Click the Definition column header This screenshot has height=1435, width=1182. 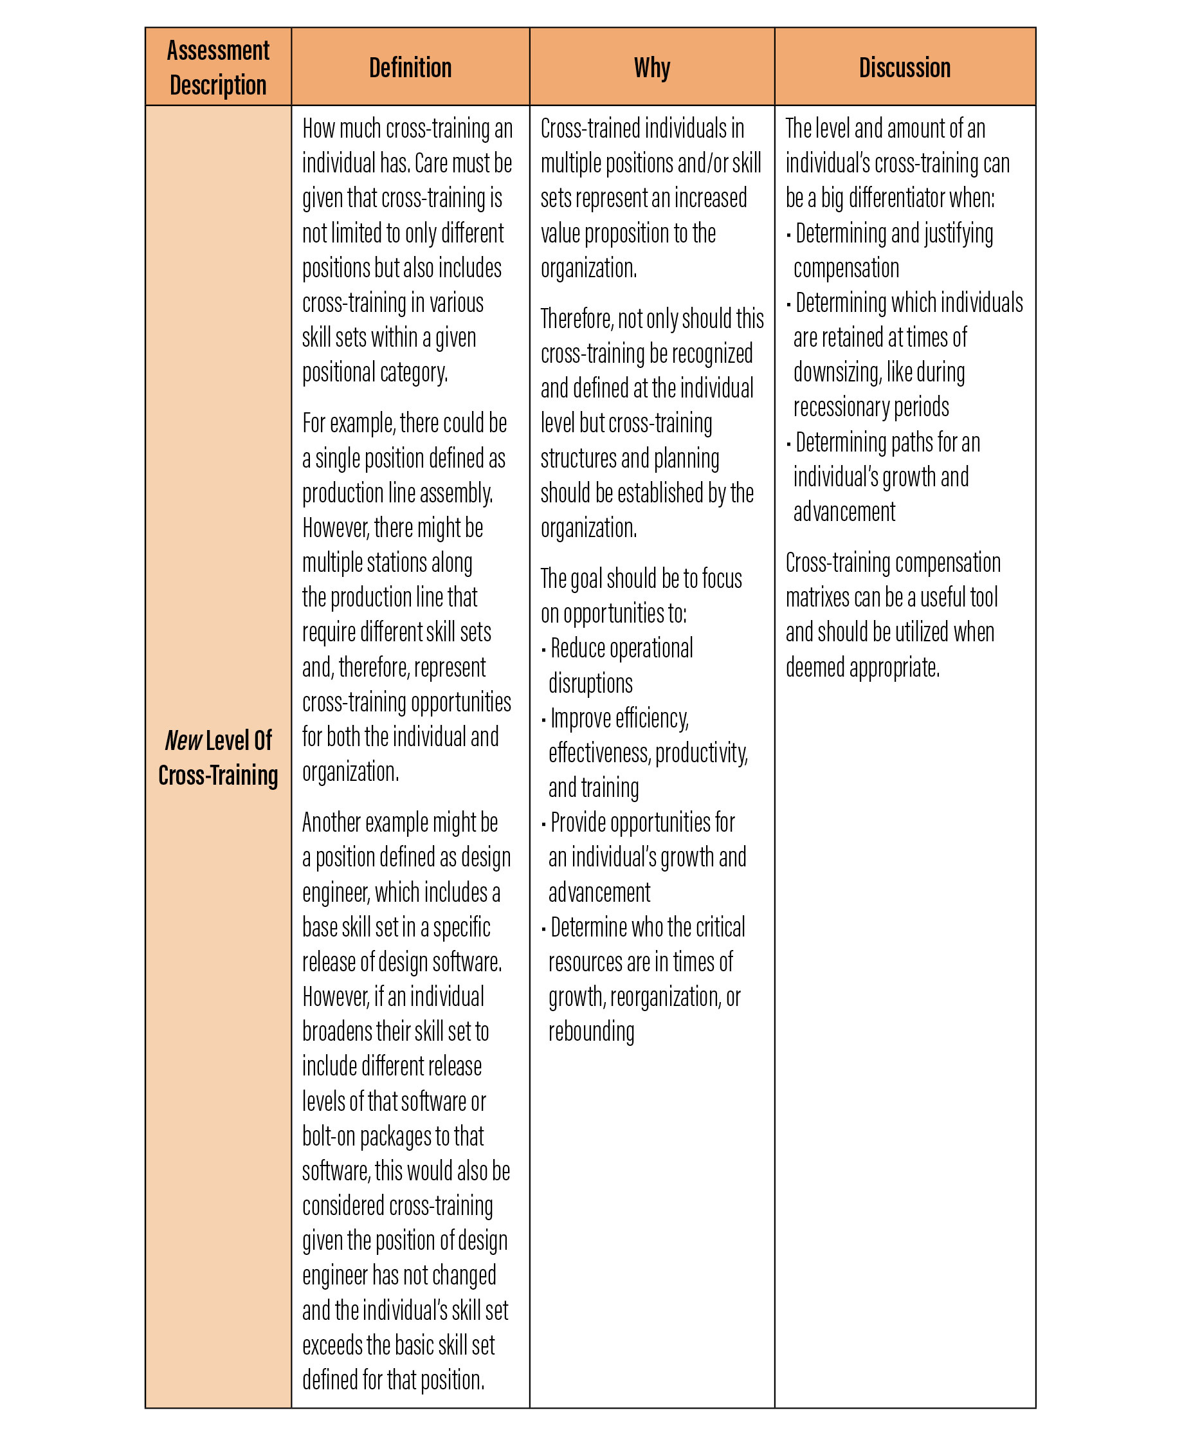tap(410, 68)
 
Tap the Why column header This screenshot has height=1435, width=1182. tap(651, 68)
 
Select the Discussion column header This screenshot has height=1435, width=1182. tap(904, 68)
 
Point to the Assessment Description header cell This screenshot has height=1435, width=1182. tap(218, 68)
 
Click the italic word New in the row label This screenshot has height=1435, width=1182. tap(183, 740)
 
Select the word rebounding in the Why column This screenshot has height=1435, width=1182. tap(591, 1031)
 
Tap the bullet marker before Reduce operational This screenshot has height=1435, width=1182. tap(543, 650)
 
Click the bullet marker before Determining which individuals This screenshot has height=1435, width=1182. tap(788, 304)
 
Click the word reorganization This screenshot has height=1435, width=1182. tap(664, 996)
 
